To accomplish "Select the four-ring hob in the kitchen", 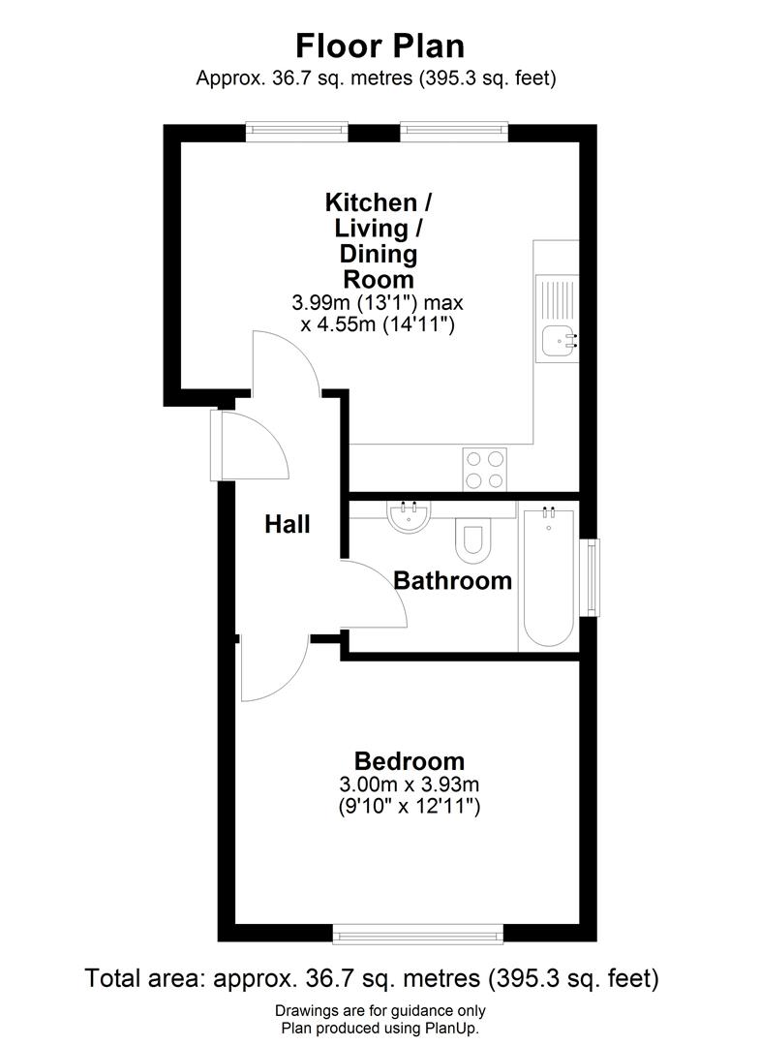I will click(x=485, y=469).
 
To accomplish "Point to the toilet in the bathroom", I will click(x=473, y=538).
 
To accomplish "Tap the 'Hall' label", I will click(x=288, y=525).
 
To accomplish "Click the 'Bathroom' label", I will click(x=452, y=581).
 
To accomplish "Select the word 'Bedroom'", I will click(x=409, y=761).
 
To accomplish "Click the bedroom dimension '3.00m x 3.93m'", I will click(x=409, y=784).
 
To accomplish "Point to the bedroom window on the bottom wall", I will click(x=417, y=934).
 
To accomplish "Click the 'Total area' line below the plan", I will click(x=373, y=978).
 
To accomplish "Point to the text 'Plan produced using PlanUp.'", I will click(x=380, y=1029).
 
